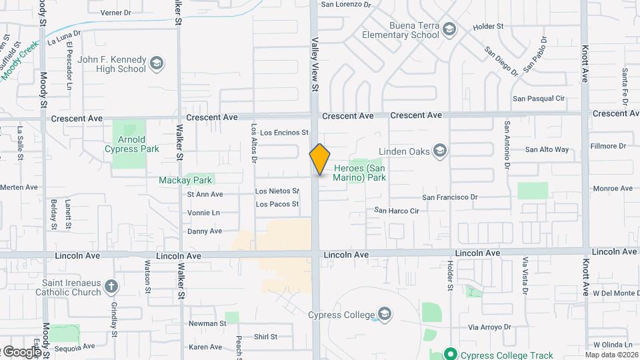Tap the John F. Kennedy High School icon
[x=157, y=63]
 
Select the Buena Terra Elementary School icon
[x=450, y=29]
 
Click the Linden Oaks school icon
[x=439, y=151]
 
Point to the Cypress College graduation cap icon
[x=385, y=314]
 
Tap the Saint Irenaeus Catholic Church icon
[x=111, y=287]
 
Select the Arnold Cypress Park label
[x=131, y=144]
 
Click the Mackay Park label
[x=185, y=180]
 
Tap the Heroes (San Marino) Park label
[x=359, y=173]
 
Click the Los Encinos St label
[x=284, y=133]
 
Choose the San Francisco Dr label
[x=450, y=197]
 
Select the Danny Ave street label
[x=204, y=231]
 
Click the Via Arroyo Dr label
[x=489, y=327]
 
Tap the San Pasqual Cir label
[x=538, y=99]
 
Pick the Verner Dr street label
[x=117, y=13]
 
